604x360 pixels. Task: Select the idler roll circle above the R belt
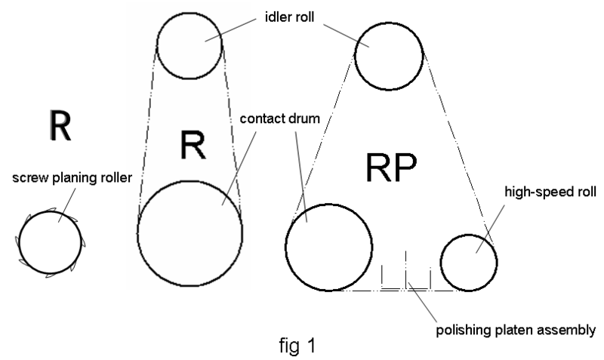[190, 44]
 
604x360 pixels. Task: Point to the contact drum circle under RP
[328, 246]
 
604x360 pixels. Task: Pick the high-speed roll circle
[468, 262]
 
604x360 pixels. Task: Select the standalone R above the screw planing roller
[59, 126]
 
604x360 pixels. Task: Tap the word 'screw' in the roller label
[28, 178]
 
